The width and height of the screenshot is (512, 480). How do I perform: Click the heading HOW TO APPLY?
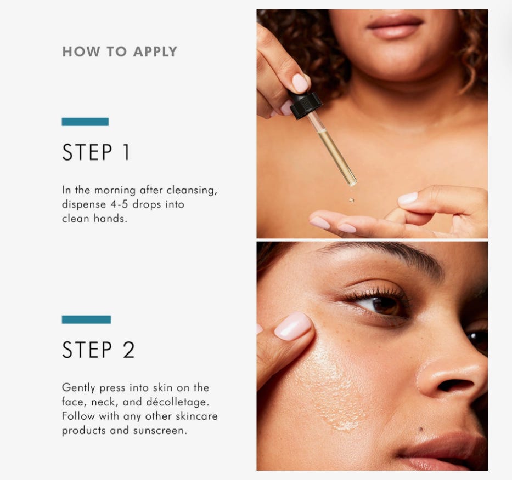120,52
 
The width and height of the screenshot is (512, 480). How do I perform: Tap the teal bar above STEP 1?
85,122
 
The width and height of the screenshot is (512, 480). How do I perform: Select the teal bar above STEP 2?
86,319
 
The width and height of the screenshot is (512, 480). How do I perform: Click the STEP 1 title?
96,152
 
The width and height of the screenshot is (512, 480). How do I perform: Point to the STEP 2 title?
98,350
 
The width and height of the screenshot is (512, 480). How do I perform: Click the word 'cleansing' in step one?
192,190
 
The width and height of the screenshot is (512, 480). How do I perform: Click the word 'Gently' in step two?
78,388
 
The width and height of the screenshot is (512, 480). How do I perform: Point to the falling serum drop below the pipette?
351,200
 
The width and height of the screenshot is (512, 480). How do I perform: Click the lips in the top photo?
395,26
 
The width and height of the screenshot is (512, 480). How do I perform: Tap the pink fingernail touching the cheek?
292,326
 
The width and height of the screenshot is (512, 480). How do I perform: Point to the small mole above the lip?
421,429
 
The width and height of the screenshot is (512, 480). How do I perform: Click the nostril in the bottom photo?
455,386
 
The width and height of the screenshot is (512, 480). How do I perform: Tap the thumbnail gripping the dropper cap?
300,83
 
